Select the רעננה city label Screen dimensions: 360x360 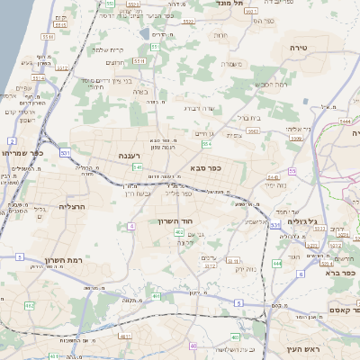(130, 156)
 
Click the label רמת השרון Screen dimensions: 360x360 (88, 259)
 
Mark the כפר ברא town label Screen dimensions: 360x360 (343, 273)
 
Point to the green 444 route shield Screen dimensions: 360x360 (276, 263)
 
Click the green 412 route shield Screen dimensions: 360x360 (28, 305)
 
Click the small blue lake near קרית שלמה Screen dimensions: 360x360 (145, 34)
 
